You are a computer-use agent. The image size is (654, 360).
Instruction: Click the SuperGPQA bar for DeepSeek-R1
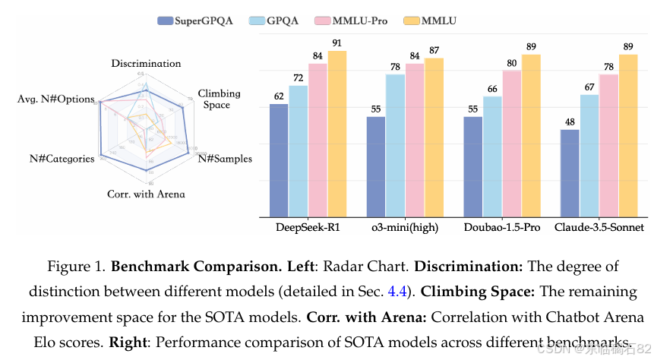pyautogui.click(x=279, y=159)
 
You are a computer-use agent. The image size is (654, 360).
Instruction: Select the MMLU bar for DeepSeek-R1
pyautogui.click(x=336, y=133)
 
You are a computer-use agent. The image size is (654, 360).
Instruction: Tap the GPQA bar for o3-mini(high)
pyautogui.click(x=395, y=144)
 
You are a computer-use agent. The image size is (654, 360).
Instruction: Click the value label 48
pyautogui.click(x=570, y=122)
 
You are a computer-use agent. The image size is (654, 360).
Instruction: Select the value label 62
pyautogui.click(x=279, y=96)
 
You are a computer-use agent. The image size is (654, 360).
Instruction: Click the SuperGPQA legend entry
pyautogui.click(x=197, y=21)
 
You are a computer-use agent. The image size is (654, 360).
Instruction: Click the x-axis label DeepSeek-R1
pyautogui.click(x=308, y=228)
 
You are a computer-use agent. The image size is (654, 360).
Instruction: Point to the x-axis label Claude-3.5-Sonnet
pyautogui.click(x=599, y=228)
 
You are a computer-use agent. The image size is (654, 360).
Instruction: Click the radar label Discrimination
pyautogui.click(x=146, y=64)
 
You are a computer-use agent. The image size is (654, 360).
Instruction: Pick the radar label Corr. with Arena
pyautogui.click(x=146, y=194)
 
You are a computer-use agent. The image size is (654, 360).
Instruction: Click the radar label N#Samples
pyautogui.click(x=225, y=158)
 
